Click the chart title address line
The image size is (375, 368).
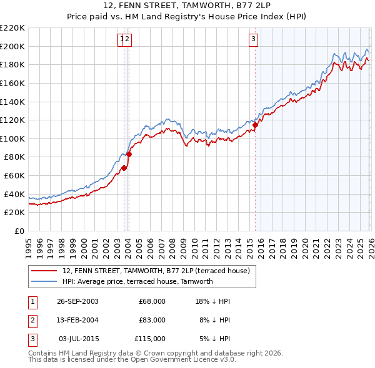(187, 6)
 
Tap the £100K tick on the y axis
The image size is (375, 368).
(12, 138)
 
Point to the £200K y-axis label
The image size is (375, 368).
(12, 46)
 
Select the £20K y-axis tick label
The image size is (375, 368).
(14, 213)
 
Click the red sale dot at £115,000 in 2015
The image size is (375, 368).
(255, 125)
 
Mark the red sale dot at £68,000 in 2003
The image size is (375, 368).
(124, 168)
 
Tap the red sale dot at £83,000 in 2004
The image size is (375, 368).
(129, 154)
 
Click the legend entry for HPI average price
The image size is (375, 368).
(137, 281)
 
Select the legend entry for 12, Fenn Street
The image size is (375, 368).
(156, 271)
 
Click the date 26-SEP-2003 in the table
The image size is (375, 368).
(77, 301)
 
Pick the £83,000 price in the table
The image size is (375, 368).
(152, 320)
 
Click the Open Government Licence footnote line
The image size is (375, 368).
(132, 360)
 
